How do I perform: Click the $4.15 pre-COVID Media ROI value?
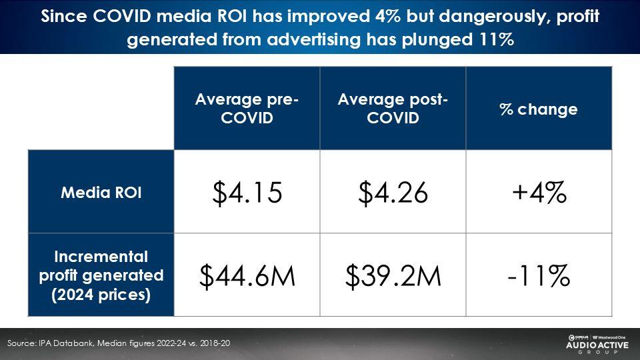point(247,192)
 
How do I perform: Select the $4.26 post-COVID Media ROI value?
point(393,192)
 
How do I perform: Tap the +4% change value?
point(539,192)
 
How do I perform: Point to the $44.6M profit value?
point(247,275)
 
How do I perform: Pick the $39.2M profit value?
point(393,275)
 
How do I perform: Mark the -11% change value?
point(539,275)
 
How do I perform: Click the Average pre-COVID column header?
point(247,108)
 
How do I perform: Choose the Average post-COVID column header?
point(393,108)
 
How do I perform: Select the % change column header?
point(539,109)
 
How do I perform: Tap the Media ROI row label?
point(101,192)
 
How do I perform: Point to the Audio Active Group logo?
point(597,344)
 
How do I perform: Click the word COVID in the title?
point(121,16)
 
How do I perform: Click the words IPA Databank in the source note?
point(66,343)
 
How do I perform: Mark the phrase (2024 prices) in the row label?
point(101,295)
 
